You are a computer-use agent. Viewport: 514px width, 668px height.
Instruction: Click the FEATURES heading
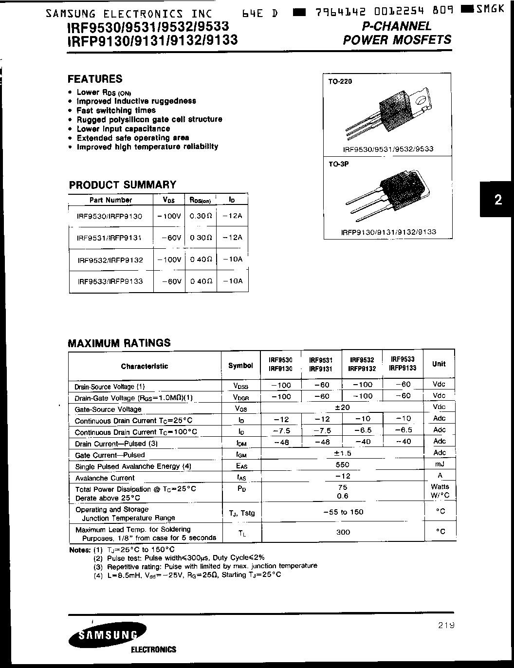point(95,79)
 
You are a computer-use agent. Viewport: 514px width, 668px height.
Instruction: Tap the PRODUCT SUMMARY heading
point(123,185)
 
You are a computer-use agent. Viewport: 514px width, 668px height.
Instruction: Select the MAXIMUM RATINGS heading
point(119,343)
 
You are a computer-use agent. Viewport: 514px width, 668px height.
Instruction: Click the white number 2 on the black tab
point(498,200)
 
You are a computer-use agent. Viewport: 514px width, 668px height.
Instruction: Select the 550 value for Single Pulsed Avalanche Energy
point(343,465)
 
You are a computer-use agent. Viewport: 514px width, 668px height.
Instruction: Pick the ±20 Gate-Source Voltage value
point(343,408)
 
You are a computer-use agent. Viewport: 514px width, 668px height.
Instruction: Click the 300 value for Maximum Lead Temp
point(343,532)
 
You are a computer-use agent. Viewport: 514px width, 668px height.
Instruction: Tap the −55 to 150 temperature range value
point(343,512)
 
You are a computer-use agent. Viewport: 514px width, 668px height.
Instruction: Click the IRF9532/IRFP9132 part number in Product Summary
point(110,260)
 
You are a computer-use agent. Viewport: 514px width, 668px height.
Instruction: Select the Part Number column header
point(110,200)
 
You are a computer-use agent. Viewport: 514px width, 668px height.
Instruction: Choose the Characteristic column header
point(145,366)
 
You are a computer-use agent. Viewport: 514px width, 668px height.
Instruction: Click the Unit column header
point(439,364)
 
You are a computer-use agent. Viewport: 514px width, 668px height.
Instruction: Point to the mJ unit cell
point(439,464)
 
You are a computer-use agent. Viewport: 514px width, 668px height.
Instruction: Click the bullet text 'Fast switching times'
point(116,111)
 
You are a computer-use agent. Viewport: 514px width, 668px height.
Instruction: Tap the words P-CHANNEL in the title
point(397,26)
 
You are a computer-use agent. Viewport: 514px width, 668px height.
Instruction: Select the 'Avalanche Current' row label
point(105,478)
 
